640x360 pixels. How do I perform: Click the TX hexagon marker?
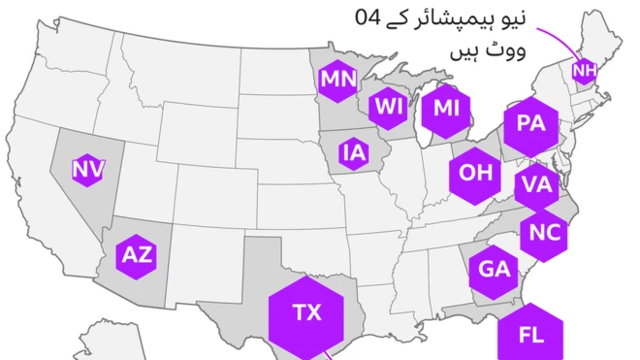306,312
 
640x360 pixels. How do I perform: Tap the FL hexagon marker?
530,335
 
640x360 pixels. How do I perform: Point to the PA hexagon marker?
529,123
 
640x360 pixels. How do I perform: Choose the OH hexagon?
475,173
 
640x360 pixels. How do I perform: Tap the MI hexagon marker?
446,109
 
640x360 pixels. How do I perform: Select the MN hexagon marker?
338,79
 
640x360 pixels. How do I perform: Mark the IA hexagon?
353,151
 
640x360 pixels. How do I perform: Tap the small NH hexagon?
584,70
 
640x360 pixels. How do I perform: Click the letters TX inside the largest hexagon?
306,312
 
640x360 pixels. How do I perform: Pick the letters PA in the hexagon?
529,123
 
